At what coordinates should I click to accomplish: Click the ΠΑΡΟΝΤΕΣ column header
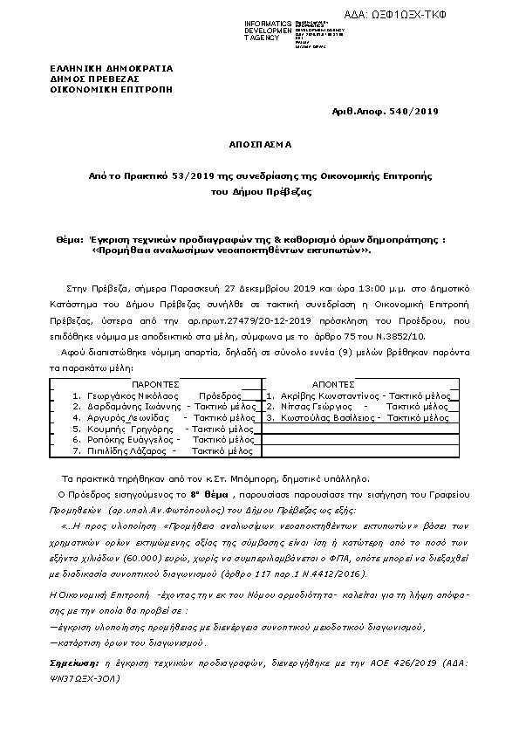coord(155,383)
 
